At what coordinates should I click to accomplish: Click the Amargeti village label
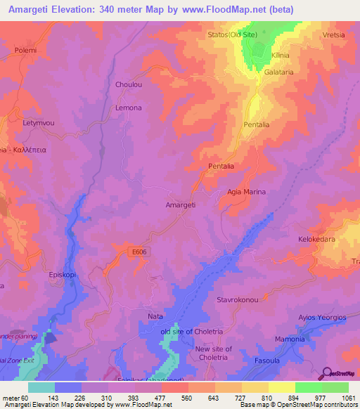coord(180,204)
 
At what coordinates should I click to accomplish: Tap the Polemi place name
coord(25,51)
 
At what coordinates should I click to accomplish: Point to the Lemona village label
coord(129,108)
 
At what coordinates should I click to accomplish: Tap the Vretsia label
coord(335,34)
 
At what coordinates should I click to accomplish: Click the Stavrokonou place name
coord(240,300)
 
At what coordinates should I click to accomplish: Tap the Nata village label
coord(155,317)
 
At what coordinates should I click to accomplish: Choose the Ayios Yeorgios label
coord(323,318)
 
